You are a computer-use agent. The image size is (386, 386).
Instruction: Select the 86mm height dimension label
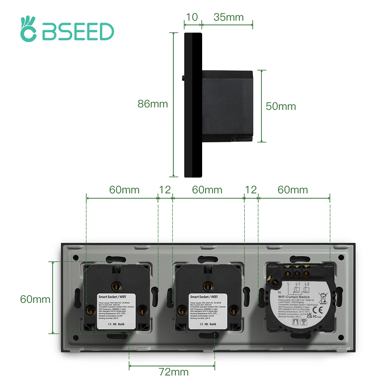pyautogui.click(x=153, y=104)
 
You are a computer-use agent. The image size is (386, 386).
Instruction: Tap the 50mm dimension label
pyautogui.click(x=281, y=106)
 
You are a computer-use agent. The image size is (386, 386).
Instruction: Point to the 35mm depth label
pyautogui.click(x=228, y=17)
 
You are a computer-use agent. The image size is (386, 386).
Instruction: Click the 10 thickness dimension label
pyautogui.click(x=192, y=17)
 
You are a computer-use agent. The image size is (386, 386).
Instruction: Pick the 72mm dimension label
pyautogui.click(x=174, y=372)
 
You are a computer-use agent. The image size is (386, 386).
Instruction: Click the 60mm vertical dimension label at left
pyautogui.click(x=35, y=299)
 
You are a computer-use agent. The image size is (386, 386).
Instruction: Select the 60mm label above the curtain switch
pyautogui.click(x=293, y=190)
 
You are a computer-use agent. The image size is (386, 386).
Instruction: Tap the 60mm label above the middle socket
pyautogui.click(x=207, y=190)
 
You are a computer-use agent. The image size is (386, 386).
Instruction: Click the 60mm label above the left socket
pyautogui.click(x=124, y=190)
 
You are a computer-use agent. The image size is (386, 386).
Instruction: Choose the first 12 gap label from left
pyautogui.click(x=165, y=190)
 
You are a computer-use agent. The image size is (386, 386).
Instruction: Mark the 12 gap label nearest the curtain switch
pyautogui.click(x=251, y=190)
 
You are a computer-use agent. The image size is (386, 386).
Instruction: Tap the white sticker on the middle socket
pyautogui.click(x=208, y=311)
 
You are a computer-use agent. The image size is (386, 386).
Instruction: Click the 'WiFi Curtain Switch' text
pyautogui.click(x=294, y=297)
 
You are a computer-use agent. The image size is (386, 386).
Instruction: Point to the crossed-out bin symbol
pyautogui.click(x=323, y=298)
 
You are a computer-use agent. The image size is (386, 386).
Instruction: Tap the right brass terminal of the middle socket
pyautogui.click(x=233, y=310)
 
